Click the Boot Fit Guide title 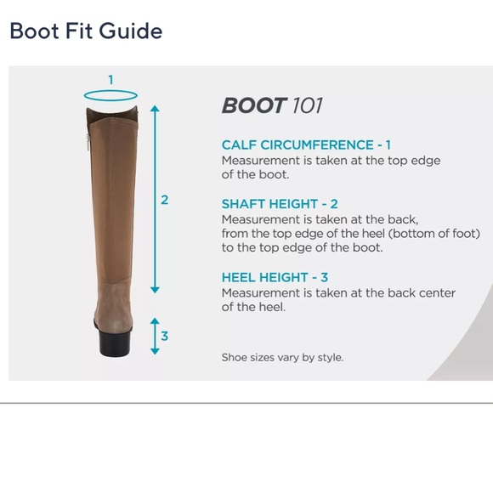coord(86,31)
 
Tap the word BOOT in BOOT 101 coord(254,105)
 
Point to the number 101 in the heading coord(307,105)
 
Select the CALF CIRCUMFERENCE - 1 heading coord(306,145)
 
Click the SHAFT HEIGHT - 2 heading coord(280,204)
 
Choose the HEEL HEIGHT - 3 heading coord(275,277)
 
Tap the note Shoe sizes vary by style coord(282,357)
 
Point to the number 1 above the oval coord(110,80)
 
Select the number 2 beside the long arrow coord(164,200)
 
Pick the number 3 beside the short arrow coord(164,336)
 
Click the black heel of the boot coord(115,342)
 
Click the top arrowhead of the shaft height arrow coord(155,109)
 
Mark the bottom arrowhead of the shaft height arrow coord(155,290)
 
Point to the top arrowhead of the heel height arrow coord(155,321)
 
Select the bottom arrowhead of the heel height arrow coord(155,351)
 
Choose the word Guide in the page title coord(131,31)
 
